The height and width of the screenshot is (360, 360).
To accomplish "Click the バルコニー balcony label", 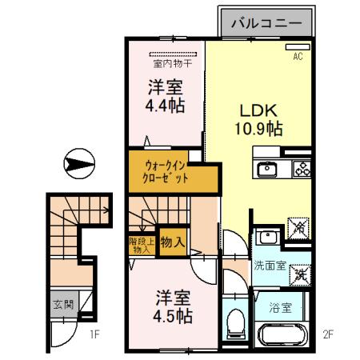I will pyautogui.click(x=266, y=24).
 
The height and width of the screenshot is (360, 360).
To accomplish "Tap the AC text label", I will pyautogui.click(x=297, y=57).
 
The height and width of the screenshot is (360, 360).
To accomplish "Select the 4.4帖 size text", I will pyautogui.click(x=165, y=104).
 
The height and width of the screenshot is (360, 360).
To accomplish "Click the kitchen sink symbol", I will pyautogui.click(x=266, y=169).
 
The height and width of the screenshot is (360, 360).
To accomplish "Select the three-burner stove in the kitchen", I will pyautogui.click(x=302, y=168).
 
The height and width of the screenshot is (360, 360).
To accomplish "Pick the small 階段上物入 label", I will pyautogui.click(x=141, y=246).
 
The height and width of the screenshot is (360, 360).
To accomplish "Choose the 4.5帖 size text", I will pyautogui.click(x=173, y=315).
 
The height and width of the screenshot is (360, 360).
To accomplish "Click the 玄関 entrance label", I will pyautogui.click(x=64, y=304).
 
